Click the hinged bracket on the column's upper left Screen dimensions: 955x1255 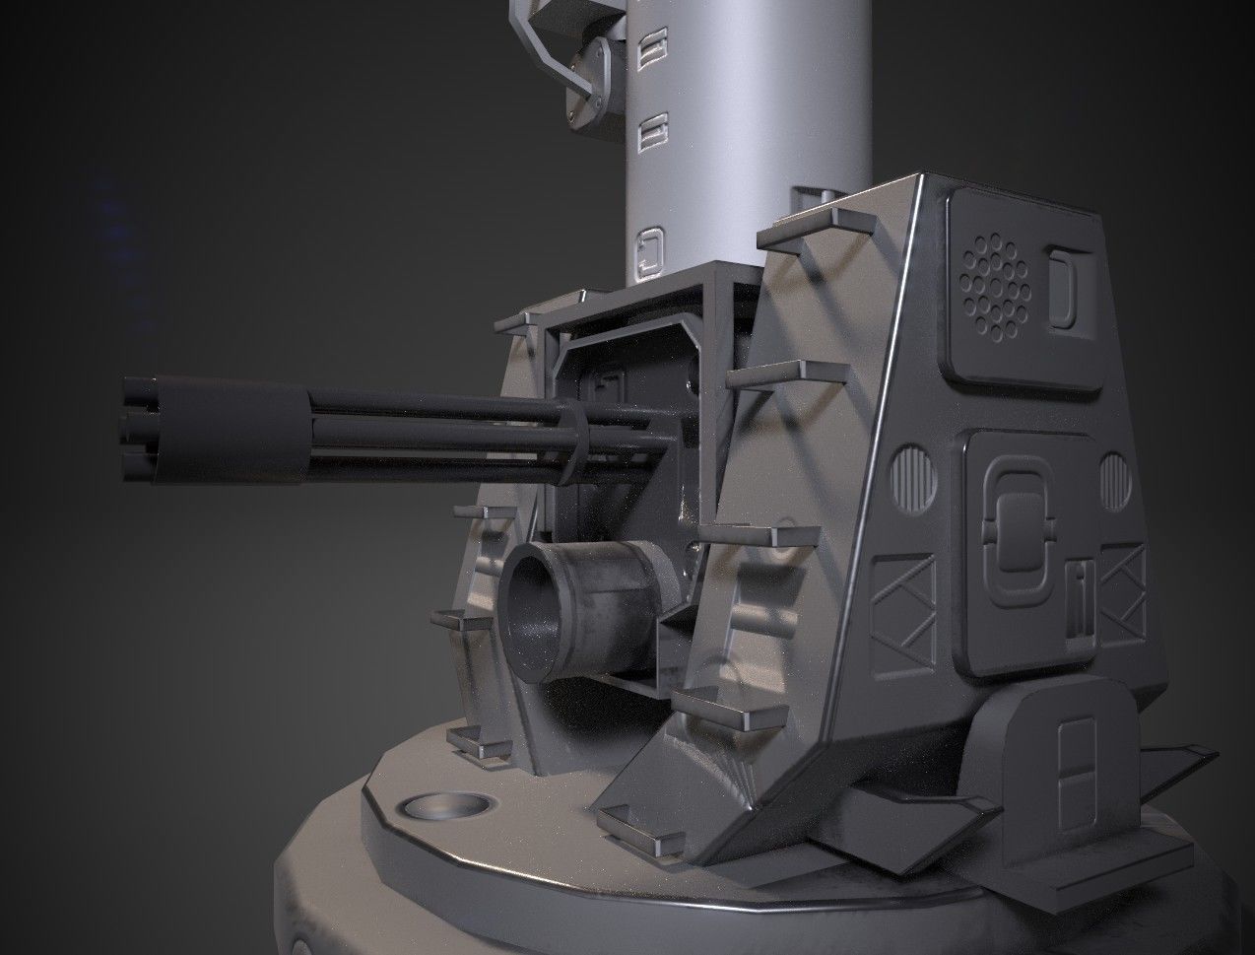[590, 79]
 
